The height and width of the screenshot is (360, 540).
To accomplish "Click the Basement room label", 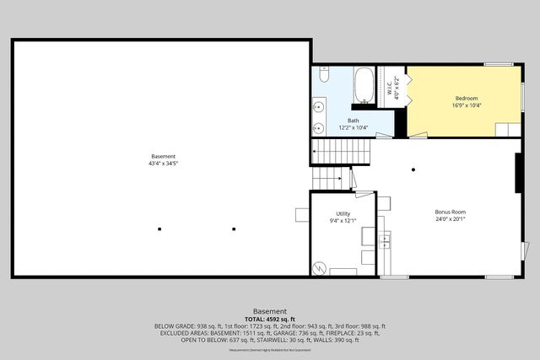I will click(163, 156).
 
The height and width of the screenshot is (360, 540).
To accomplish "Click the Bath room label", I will click(353, 121).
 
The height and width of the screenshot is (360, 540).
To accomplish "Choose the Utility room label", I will click(343, 214).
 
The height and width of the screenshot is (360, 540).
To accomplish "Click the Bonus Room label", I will click(451, 212).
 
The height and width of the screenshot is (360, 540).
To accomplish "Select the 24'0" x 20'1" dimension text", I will click(451, 218).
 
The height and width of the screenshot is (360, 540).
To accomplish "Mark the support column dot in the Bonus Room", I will click(413, 170).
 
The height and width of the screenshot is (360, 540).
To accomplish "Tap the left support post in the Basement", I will click(159, 228).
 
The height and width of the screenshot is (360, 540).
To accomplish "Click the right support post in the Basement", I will click(234, 228).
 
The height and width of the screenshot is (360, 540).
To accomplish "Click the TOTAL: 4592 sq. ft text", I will click(270, 319).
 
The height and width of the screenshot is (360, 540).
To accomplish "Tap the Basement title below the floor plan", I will click(270, 311).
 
